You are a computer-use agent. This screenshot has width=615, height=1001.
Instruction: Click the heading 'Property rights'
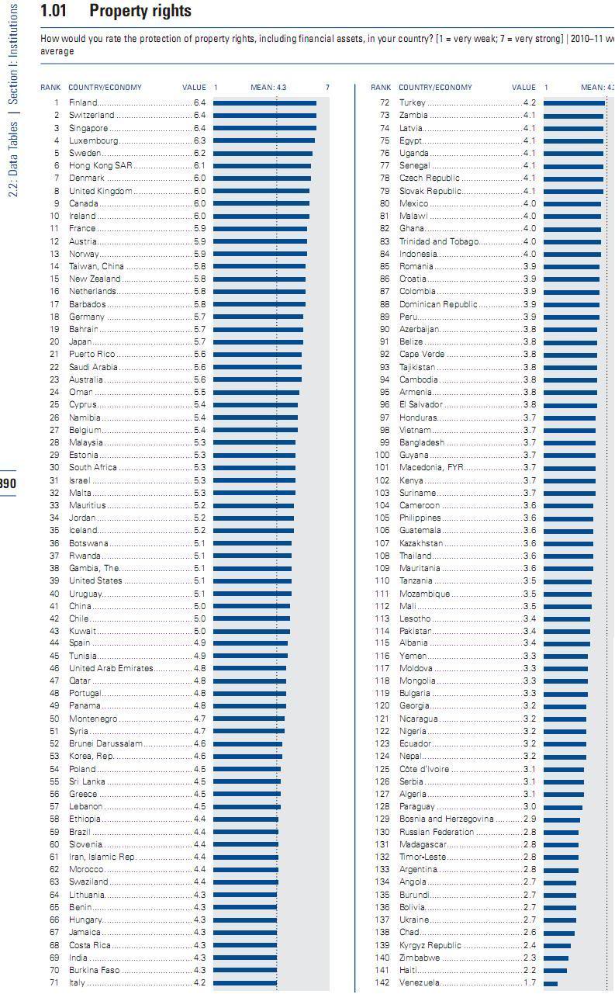pyautogui.click(x=140, y=12)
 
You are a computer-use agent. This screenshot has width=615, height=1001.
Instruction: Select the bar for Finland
pyautogui.click(x=264, y=102)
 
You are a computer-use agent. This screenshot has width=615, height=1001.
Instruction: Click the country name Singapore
pyautogui.click(x=88, y=128)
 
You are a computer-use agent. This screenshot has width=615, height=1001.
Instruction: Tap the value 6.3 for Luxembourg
pyautogui.click(x=199, y=140)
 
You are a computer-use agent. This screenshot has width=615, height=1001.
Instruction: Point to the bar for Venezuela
pyautogui.click(x=551, y=983)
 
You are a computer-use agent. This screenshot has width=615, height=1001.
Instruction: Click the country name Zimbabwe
pyautogui.click(x=420, y=958)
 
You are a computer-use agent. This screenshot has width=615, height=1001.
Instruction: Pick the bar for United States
pyautogui.click(x=252, y=580)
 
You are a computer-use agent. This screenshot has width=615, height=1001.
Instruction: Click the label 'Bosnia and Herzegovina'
pyautogui.click(x=446, y=819)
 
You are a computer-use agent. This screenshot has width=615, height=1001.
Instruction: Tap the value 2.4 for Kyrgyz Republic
pyautogui.click(x=530, y=945)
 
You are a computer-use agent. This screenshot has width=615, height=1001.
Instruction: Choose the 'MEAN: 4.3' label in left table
pyautogui.click(x=268, y=88)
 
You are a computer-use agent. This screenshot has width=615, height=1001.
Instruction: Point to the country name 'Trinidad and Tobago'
pyautogui.click(x=439, y=241)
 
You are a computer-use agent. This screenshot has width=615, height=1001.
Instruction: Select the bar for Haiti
pyautogui.click(x=555, y=970)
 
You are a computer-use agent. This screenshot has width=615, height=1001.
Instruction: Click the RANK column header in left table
pyautogui.click(x=50, y=88)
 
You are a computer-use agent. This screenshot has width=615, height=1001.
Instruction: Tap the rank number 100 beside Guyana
pyautogui.click(x=382, y=455)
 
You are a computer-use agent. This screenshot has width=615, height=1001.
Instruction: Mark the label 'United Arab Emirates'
pyautogui.click(x=111, y=668)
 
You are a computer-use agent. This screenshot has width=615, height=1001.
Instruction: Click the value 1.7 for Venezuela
pyautogui.click(x=530, y=983)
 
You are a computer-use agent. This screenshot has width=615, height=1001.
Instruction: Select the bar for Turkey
pyautogui.click(x=574, y=102)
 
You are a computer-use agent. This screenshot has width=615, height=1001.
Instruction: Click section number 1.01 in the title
pyautogui.click(x=54, y=12)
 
